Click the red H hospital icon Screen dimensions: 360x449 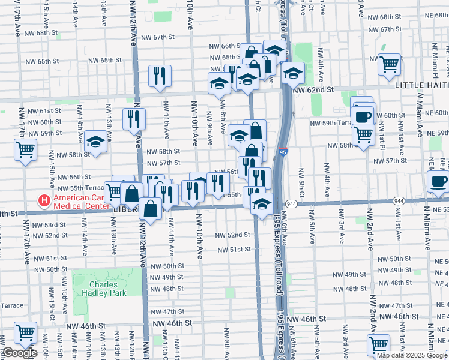[x=44, y=200]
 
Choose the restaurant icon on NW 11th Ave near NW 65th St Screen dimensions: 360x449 [x=160, y=75]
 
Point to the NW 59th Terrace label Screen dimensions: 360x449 [x=330, y=123]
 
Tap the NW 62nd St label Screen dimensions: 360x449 [x=313, y=90]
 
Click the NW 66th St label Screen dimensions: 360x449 [x=224, y=46]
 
